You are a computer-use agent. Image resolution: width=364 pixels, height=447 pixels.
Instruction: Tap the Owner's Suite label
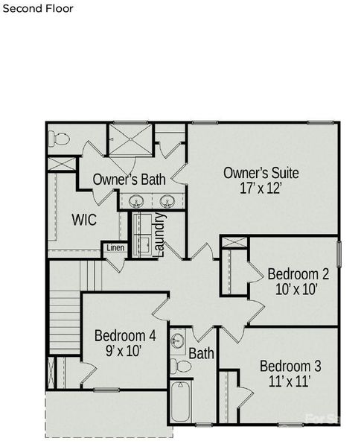click(x=261, y=173)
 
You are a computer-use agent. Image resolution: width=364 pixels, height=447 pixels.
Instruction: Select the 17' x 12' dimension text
click(x=261, y=189)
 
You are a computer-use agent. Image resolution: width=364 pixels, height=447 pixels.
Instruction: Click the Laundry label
click(x=158, y=235)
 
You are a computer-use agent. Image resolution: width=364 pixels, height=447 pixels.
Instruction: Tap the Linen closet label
click(x=115, y=248)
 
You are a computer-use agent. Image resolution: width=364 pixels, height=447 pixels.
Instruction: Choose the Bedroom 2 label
click(x=298, y=273)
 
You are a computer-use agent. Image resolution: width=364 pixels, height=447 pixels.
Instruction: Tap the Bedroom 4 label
click(x=125, y=335)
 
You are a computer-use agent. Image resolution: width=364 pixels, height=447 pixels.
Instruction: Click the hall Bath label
click(x=200, y=353)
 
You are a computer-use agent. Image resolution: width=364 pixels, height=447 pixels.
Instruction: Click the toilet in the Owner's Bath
click(x=60, y=139)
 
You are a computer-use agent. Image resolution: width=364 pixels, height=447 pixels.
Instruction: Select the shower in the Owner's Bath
click(x=130, y=140)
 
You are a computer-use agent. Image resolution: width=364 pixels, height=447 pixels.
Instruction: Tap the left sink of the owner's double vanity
click(x=137, y=201)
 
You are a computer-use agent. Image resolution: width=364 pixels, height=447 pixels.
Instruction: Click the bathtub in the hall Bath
click(x=181, y=402)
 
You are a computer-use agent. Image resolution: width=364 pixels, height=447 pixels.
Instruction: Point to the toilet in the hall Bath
click(x=181, y=366)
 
